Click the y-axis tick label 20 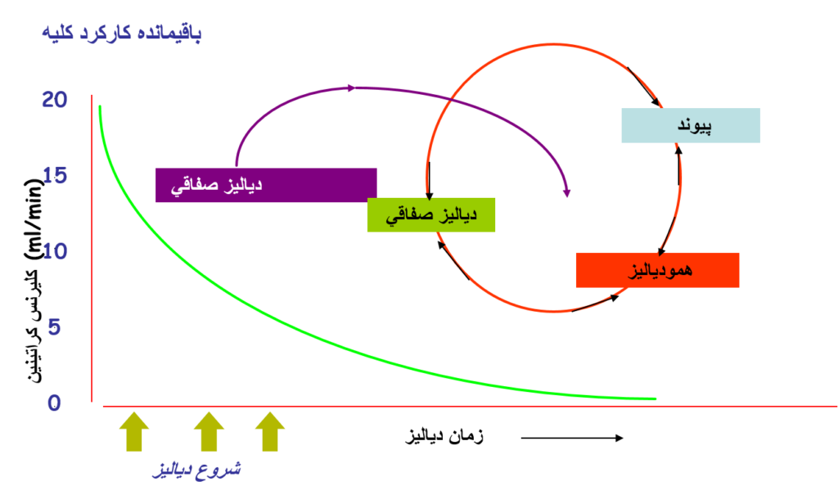pyautogui.click(x=54, y=100)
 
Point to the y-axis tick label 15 pyautogui.click(x=54, y=176)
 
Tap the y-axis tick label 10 pyautogui.click(x=54, y=251)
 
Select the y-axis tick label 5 pyautogui.click(x=54, y=327)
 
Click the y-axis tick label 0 pyautogui.click(x=54, y=403)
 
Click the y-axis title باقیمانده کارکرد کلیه pyautogui.click(x=121, y=34)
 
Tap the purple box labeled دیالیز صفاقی pyautogui.click(x=266, y=185)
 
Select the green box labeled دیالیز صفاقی pyautogui.click(x=430, y=214)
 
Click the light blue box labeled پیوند pyautogui.click(x=691, y=125)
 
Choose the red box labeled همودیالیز pyautogui.click(x=657, y=270)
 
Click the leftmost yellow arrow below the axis pyautogui.click(x=134, y=430)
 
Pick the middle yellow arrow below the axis pyautogui.click(x=209, y=430)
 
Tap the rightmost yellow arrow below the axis pyautogui.click(x=269, y=430)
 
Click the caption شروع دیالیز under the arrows pyautogui.click(x=197, y=470)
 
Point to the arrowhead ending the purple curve pyautogui.click(x=566, y=193)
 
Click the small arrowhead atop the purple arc pyautogui.click(x=353, y=88)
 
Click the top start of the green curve pyautogui.click(x=100, y=106)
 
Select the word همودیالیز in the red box pyautogui.click(x=660, y=270)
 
